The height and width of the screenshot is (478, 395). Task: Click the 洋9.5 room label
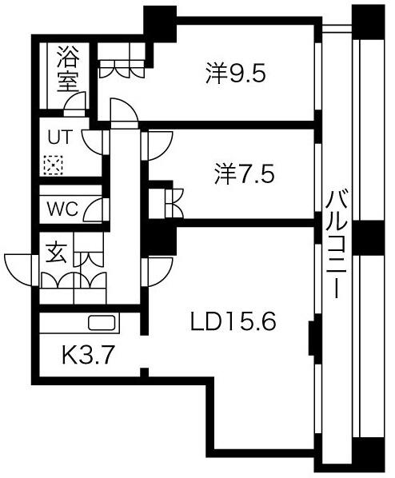236,74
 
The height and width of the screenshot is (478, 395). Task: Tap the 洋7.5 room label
244,174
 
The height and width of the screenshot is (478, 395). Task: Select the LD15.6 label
233,322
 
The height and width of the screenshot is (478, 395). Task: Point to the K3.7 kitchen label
88,355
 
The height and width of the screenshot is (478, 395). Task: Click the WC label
63,209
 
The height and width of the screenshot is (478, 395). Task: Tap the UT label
61,137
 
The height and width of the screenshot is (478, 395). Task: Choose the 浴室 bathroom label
68,69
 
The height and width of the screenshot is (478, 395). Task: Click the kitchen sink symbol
102,322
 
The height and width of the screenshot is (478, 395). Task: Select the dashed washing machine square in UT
53,165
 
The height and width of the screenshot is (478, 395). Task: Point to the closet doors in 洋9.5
122,69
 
